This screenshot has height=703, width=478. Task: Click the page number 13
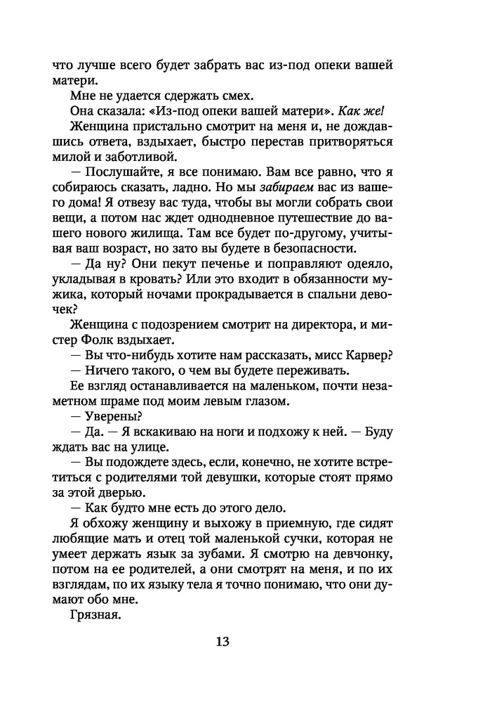coord(222,641)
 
